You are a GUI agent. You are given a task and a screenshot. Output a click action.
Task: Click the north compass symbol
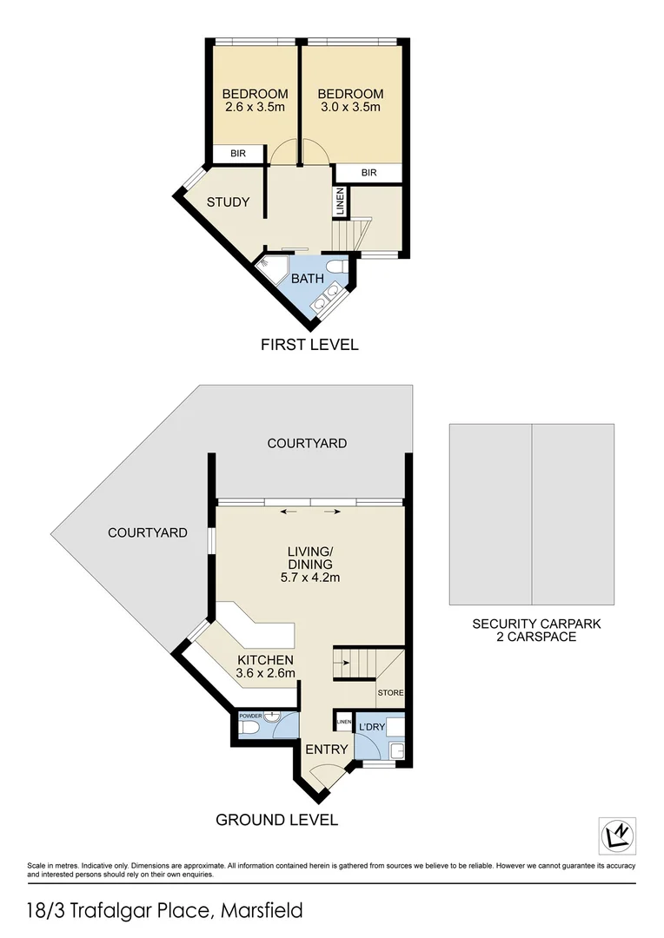click(x=618, y=835)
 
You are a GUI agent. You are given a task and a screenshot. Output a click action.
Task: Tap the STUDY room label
click(x=228, y=202)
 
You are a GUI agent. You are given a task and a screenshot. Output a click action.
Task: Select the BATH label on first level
click(x=307, y=279)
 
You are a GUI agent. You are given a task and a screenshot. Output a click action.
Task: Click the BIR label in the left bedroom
click(x=238, y=153)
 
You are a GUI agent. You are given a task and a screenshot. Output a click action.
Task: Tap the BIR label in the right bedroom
click(x=369, y=173)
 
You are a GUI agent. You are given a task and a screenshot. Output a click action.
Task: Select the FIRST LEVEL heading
click(x=309, y=345)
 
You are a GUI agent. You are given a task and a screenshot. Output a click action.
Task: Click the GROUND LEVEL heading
click(x=276, y=819)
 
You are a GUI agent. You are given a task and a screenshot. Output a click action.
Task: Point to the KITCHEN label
click(x=265, y=660)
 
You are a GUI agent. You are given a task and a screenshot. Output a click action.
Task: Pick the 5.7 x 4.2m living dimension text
click(x=310, y=578)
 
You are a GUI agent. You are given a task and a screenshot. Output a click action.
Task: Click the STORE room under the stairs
click(x=389, y=693)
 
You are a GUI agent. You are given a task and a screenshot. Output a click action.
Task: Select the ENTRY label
click(x=327, y=750)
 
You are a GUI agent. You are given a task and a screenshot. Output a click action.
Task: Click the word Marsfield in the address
click(x=262, y=910)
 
